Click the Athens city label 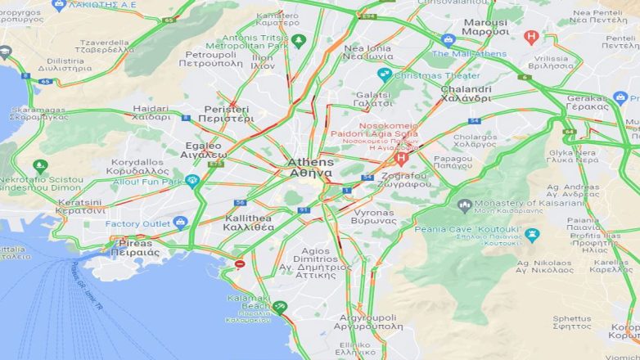click(309, 168)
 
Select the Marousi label click(485, 27)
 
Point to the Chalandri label click(466, 93)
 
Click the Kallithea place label click(247, 223)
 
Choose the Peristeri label click(226, 114)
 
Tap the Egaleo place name click(205, 150)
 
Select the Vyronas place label click(373, 216)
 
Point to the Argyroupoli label click(369, 320)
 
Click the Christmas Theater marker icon click(384, 75)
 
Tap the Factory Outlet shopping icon click(180, 223)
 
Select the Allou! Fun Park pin click(192, 181)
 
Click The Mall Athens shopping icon click(447, 40)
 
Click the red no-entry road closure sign click(240, 263)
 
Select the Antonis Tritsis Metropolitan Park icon click(299, 40)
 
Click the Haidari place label click(151, 112)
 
